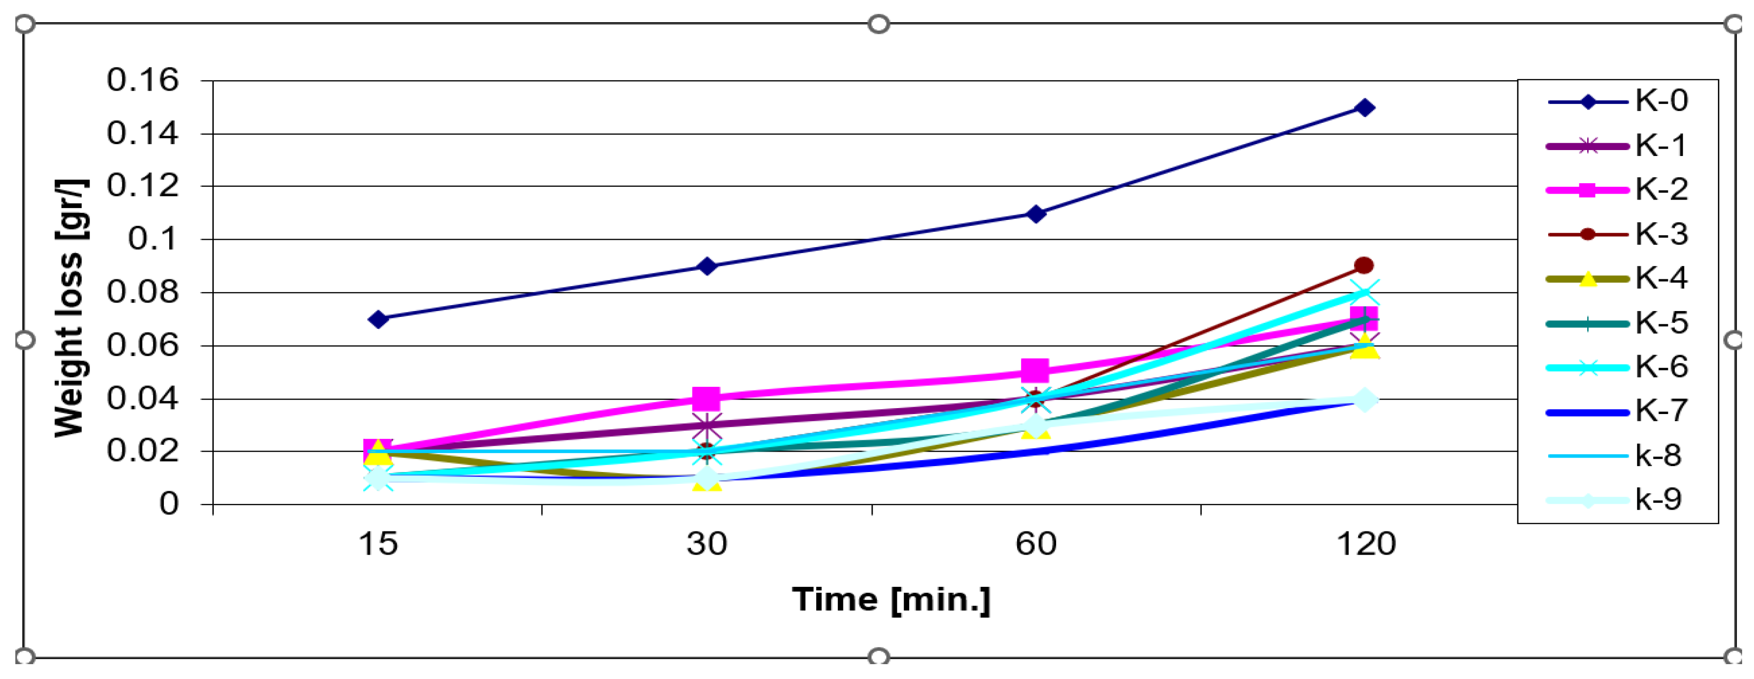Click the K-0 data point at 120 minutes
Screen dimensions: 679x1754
pos(1364,107)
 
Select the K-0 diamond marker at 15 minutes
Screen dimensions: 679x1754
pos(379,319)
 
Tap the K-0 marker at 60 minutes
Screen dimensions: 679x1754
pos(1036,214)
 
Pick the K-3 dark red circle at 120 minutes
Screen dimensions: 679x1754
pos(1364,265)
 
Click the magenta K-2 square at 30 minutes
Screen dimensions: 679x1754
pos(707,398)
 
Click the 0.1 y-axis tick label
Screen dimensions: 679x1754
pos(152,239)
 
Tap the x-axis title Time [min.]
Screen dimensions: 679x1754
pos(891,600)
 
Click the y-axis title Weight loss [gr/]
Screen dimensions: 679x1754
pos(70,308)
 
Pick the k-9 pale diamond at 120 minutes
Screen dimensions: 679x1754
pos(1364,400)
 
